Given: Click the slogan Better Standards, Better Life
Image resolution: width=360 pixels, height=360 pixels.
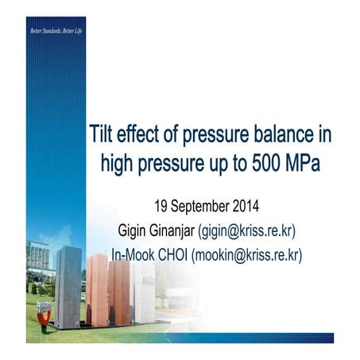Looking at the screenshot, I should pos(56,31).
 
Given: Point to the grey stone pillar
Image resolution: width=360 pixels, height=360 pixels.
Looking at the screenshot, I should pos(67,286).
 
